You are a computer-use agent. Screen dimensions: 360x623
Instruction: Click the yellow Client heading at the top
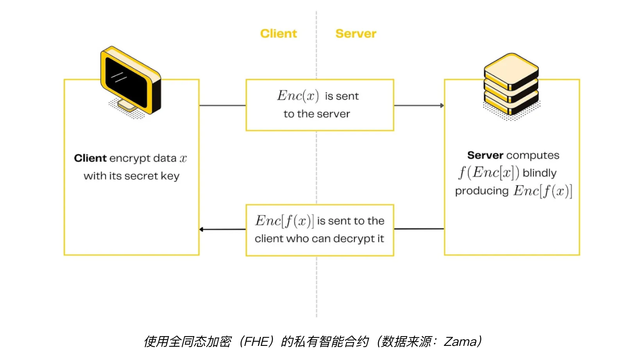[279, 34]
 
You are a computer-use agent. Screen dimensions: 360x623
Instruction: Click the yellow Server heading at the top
[356, 34]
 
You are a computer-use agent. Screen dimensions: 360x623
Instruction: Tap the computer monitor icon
[130, 80]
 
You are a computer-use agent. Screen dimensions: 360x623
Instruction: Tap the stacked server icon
[511, 86]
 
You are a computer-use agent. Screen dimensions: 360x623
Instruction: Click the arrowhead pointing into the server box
[442, 105]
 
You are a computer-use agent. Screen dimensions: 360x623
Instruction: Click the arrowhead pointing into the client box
[202, 229]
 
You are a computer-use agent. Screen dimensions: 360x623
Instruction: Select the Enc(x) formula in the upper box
[298, 96]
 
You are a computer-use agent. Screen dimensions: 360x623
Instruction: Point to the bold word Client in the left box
[90, 158]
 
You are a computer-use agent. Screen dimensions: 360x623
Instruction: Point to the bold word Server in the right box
[485, 155]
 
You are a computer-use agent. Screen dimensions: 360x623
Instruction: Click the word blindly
[539, 173]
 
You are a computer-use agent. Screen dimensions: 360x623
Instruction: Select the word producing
[482, 191]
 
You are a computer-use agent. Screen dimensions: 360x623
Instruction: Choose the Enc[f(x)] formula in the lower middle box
[284, 221]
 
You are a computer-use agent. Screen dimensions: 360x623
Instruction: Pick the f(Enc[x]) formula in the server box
[489, 173]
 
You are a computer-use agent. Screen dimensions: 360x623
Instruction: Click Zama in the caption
[460, 342]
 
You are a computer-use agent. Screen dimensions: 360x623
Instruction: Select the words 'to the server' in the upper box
[317, 114]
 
